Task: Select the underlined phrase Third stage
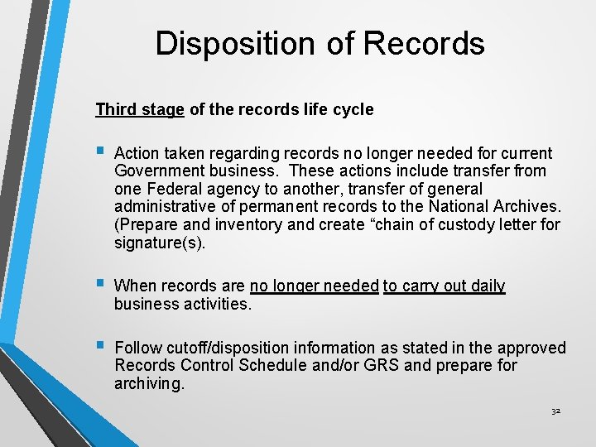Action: [x=140, y=109]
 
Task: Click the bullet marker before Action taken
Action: [x=99, y=152]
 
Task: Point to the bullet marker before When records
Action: [x=99, y=285]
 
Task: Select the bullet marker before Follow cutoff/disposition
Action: [x=99, y=346]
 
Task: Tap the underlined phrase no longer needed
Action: [x=314, y=286]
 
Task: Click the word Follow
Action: [x=137, y=348]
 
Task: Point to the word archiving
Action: [x=149, y=383]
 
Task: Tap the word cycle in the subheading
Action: [x=354, y=109]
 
